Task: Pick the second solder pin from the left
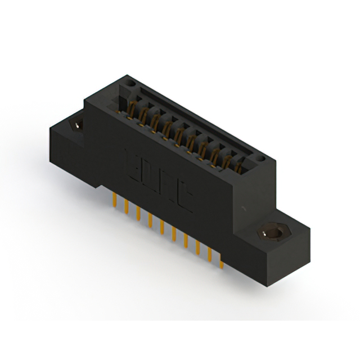click(127, 206)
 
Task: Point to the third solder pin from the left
click(138, 213)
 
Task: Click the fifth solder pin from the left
click(162, 226)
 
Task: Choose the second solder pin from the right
click(210, 254)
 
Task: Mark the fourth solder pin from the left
click(150, 219)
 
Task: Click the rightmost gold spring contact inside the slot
click(239, 165)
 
